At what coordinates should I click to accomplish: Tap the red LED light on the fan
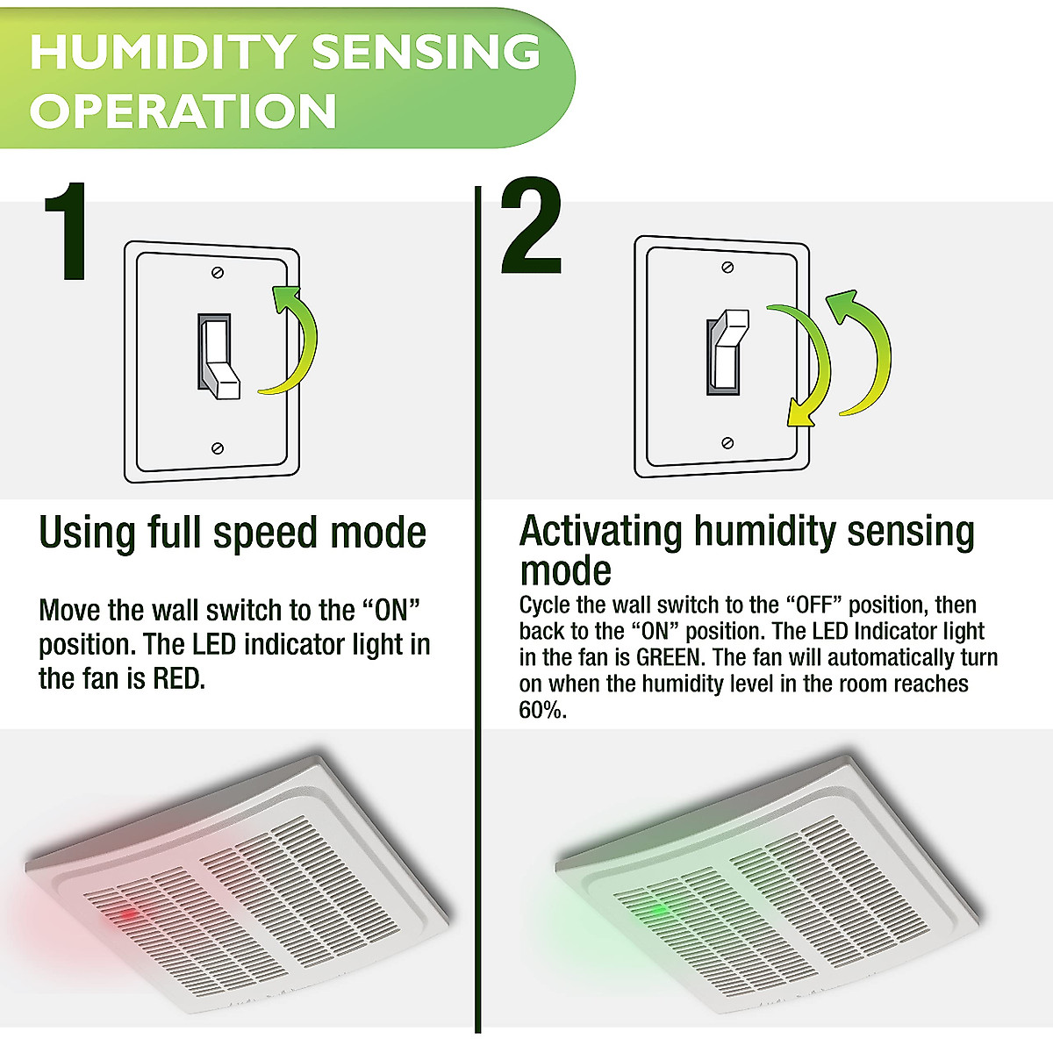(x=125, y=915)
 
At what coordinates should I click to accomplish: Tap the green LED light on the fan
(x=653, y=910)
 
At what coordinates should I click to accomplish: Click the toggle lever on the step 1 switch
(x=219, y=360)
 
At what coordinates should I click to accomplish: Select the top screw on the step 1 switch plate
(x=218, y=272)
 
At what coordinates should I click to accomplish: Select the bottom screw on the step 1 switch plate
(x=218, y=448)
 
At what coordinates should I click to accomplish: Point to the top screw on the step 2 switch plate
(x=727, y=267)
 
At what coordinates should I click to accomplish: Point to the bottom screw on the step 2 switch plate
(x=727, y=442)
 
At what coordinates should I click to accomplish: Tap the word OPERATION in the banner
(x=183, y=111)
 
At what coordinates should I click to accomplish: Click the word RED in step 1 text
(x=178, y=678)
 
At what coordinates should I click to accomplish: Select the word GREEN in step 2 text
(x=668, y=657)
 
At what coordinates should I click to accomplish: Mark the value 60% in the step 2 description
(x=541, y=710)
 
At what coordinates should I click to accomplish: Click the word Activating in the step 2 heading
(x=600, y=532)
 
